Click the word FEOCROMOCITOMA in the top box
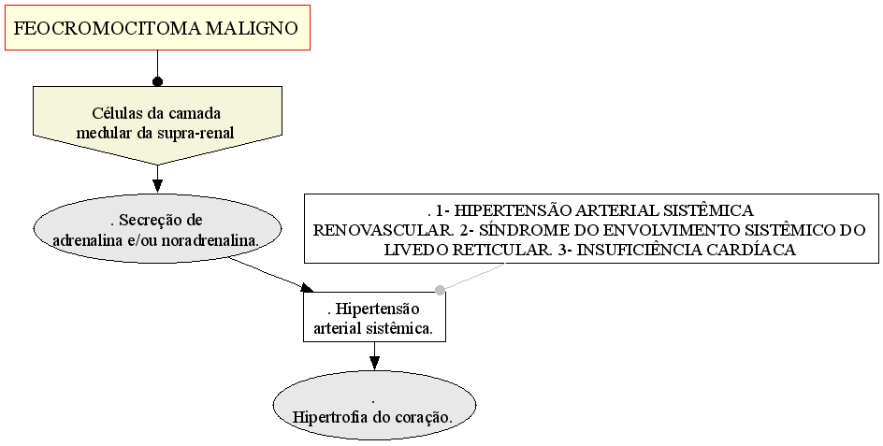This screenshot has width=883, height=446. point(107,28)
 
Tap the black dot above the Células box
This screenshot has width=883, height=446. point(158,81)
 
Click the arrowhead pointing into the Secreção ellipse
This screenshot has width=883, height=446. point(158,186)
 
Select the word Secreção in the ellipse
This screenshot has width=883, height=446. point(162,220)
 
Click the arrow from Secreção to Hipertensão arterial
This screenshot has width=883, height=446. point(269,275)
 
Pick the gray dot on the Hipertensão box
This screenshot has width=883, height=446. point(440,290)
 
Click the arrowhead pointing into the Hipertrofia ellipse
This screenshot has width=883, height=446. point(374,363)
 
